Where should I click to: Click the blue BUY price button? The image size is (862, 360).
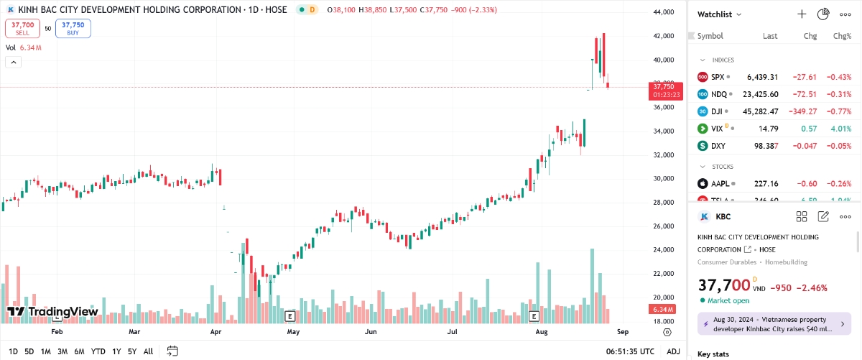click(73, 28)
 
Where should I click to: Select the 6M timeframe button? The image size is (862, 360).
click(80, 351)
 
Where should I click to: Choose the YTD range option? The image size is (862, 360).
click(98, 351)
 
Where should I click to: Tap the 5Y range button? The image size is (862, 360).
click(132, 351)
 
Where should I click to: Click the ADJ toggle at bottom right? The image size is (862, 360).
click(673, 351)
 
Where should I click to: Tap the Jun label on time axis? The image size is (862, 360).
click(371, 333)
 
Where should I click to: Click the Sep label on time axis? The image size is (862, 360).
click(622, 333)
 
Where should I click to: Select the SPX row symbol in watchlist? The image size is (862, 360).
click(718, 77)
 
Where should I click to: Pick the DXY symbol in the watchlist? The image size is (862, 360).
click(718, 146)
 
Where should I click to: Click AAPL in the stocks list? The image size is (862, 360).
click(720, 183)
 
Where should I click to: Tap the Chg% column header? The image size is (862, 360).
click(841, 36)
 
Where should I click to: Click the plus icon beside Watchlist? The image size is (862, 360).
click(802, 14)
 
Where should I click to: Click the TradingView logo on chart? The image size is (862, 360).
click(52, 312)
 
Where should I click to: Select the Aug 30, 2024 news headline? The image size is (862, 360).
click(773, 324)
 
